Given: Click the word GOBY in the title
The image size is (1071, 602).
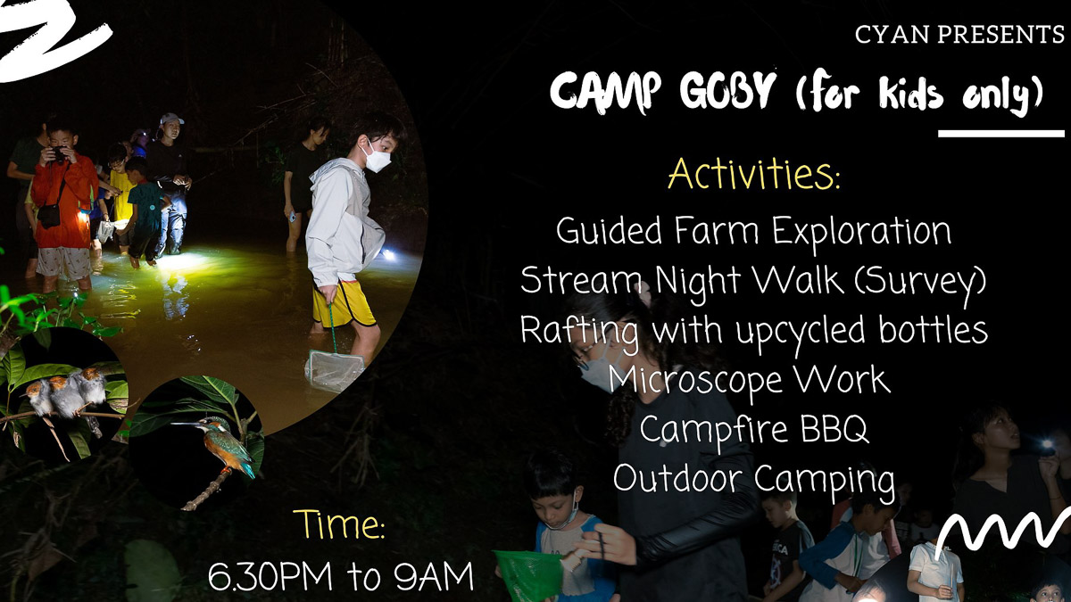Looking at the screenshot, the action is pos(727,91).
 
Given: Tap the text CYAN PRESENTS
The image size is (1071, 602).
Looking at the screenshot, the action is pos(959,35).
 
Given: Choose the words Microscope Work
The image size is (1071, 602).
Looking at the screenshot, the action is pos(749,380).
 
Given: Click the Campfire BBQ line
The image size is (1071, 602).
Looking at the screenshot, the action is pos(753,430).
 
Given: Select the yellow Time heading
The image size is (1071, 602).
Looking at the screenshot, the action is pos(339,525).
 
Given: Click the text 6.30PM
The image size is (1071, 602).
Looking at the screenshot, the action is pos(270,576).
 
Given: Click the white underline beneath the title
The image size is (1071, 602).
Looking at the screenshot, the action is pos(1001,134).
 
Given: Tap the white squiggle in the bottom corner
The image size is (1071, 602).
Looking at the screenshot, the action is pos(1002,531).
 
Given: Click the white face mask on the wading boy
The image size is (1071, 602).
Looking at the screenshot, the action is pos(377,156).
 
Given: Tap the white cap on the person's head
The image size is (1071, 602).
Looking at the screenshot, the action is pos(170,118).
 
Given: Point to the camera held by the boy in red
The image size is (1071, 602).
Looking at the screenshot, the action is pos(59,153).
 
